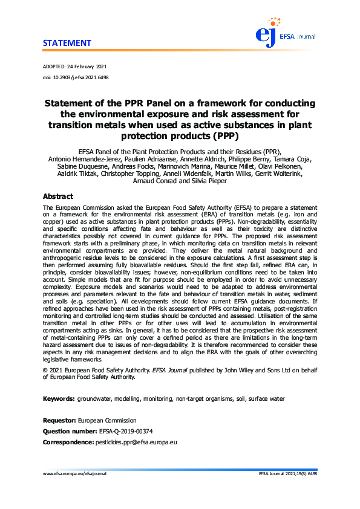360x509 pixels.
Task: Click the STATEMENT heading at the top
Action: (67, 43)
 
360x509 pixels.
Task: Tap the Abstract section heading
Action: (57, 196)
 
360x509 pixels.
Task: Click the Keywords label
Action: (59, 399)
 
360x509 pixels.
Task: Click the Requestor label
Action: (59, 420)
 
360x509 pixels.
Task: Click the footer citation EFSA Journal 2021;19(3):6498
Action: (287, 474)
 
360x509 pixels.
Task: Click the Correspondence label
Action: (68, 443)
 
